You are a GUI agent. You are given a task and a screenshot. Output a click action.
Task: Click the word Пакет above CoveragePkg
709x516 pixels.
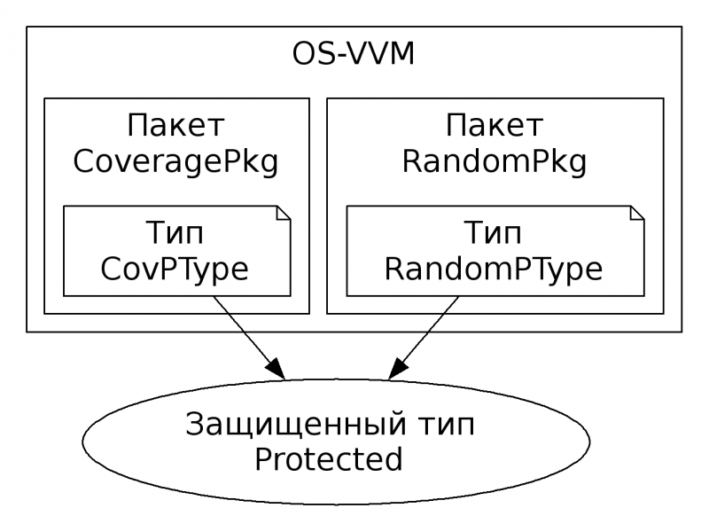pyautogui.click(x=176, y=125)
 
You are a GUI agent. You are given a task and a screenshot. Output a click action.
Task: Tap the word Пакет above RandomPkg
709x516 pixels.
pyautogui.click(x=495, y=125)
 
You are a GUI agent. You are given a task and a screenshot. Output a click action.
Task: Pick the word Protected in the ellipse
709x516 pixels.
pyautogui.click(x=329, y=461)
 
